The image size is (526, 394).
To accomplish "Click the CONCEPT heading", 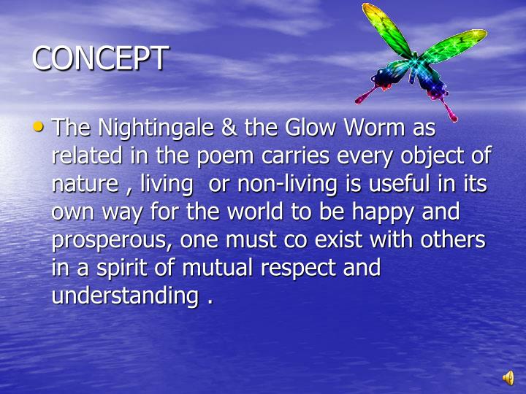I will [x=100, y=58].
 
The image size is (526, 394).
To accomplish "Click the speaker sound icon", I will [x=507, y=377].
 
